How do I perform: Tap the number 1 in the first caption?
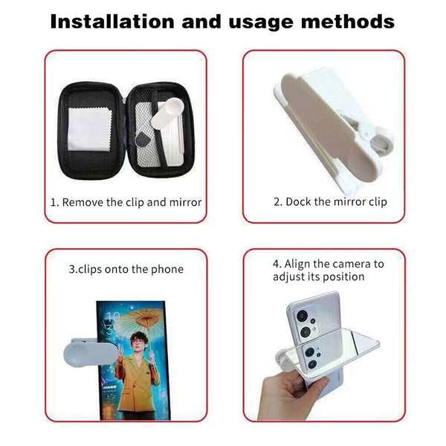coord(54,202)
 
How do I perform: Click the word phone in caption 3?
coord(168,269)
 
